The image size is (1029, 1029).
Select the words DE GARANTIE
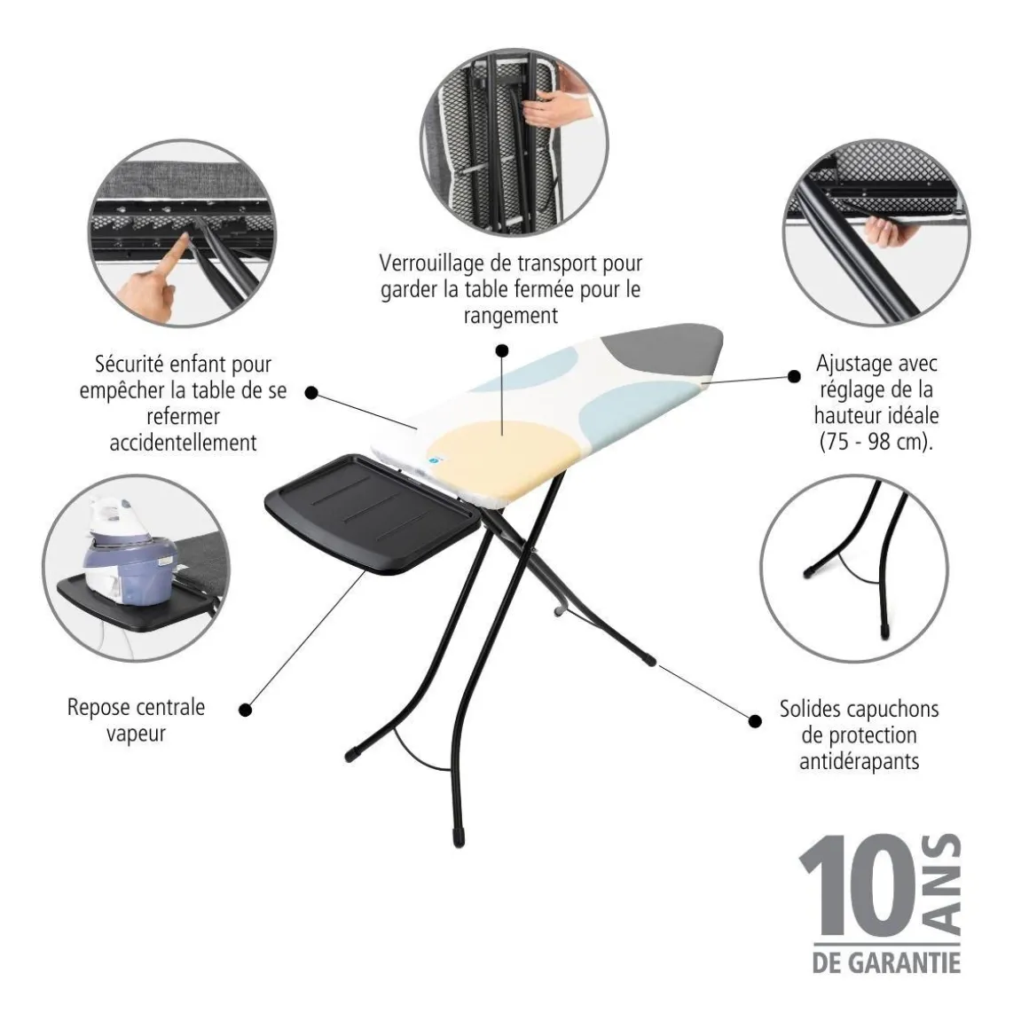(x=886, y=962)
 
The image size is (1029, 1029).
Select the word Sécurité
(x=130, y=364)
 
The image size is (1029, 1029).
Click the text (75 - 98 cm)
(x=876, y=442)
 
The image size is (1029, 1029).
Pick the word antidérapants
(x=859, y=762)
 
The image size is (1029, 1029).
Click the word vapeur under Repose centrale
(x=136, y=734)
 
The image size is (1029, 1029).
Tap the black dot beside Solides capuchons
(x=756, y=721)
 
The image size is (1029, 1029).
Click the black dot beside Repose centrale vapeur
(x=246, y=710)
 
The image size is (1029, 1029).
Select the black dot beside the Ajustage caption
(x=794, y=376)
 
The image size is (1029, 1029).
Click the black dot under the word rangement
(x=502, y=350)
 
